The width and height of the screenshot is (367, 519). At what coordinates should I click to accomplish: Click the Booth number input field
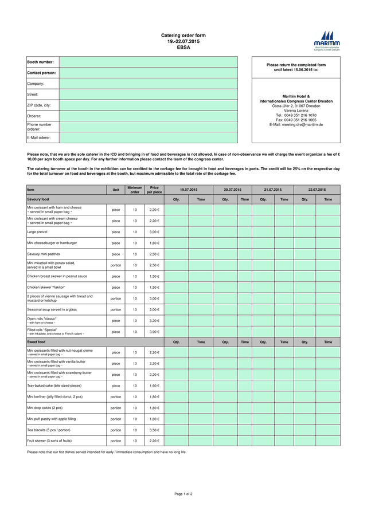[148, 62]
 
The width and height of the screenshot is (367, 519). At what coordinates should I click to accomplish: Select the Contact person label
[42, 73]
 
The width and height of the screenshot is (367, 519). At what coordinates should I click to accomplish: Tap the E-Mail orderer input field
[148, 137]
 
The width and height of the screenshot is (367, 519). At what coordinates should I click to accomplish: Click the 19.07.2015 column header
[188, 189]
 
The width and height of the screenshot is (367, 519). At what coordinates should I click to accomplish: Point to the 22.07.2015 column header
[317, 189]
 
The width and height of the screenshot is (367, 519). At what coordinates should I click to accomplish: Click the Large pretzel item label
[39, 232]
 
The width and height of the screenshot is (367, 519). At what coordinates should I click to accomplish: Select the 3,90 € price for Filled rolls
[154, 332]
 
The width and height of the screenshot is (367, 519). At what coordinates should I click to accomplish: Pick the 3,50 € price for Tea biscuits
[154, 430]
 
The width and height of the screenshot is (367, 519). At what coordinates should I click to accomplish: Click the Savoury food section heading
[38, 199]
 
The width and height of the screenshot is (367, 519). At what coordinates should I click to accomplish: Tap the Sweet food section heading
[36, 342]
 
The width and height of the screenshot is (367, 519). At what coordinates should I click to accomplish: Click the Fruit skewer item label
[49, 441]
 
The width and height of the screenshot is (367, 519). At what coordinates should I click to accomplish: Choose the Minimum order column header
[135, 190]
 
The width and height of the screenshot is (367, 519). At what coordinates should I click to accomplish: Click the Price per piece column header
[154, 190]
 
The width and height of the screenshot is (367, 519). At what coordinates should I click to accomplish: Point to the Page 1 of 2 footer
[183, 493]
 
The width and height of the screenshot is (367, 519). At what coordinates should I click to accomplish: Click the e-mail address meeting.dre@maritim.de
[296, 124]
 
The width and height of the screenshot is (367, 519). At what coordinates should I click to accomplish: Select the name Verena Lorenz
[296, 111]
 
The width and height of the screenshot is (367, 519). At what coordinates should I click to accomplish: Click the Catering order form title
[183, 36]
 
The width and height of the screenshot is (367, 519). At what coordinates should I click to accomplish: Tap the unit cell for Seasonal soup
[116, 309]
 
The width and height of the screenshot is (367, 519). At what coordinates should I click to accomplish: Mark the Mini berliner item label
[55, 396]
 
